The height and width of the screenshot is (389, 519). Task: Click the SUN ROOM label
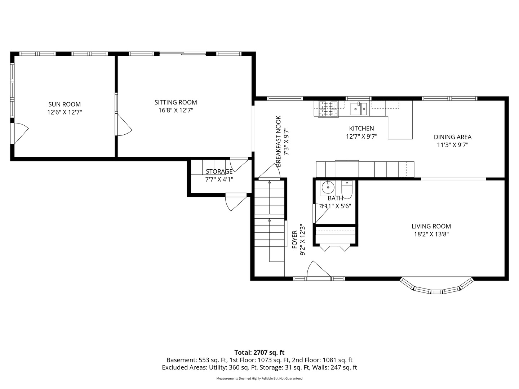pyautogui.click(x=65, y=104)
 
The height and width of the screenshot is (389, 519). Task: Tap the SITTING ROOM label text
pyautogui.click(x=176, y=102)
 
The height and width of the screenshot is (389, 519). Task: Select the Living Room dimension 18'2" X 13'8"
pyautogui.click(x=431, y=234)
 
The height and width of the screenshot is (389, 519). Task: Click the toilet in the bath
pyautogui.click(x=347, y=189)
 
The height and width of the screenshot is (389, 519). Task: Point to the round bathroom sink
pyautogui.click(x=328, y=188)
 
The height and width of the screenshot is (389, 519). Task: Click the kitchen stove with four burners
pyautogui.click(x=328, y=109)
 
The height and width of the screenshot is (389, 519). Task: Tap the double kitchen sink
pyautogui.click(x=359, y=109)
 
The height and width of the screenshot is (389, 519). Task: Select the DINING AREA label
pyautogui.click(x=453, y=137)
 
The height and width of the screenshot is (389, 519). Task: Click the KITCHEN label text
pyautogui.click(x=361, y=129)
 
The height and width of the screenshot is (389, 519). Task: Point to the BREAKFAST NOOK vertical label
pyautogui.click(x=279, y=141)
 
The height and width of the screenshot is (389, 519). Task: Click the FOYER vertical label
pyautogui.click(x=294, y=240)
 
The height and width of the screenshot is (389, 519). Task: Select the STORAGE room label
pyautogui.click(x=219, y=171)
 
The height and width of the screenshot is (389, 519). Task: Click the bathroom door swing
pyautogui.click(x=321, y=213)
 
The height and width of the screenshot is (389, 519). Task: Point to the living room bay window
pyautogui.click(x=437, y=286)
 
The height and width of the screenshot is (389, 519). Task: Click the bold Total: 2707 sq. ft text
pyautogui.click(x=259, y=353)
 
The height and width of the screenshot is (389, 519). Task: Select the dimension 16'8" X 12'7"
pyautogui.click(x=176, y=110)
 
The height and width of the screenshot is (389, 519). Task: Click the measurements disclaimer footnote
pyautogui.click(x=259, y=378)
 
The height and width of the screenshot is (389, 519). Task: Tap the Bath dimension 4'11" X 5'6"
pyautogui.click(x=335, y=206)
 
